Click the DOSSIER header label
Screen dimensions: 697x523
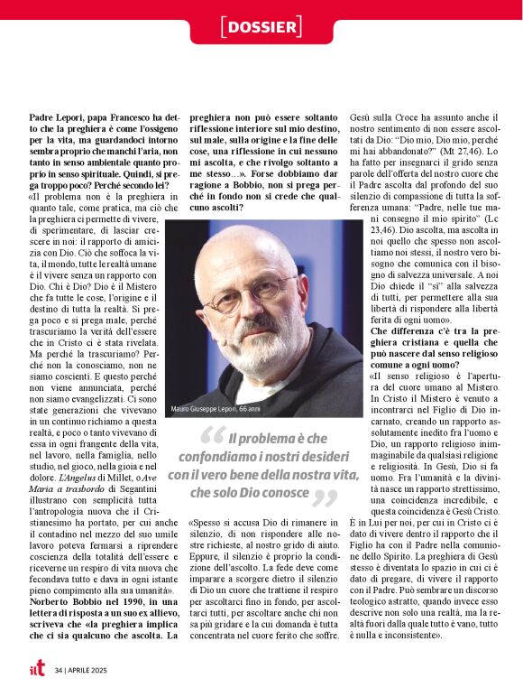coord(261,27)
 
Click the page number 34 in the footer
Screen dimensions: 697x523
coord(59,671)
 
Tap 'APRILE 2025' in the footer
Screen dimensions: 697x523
coord(91,671)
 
